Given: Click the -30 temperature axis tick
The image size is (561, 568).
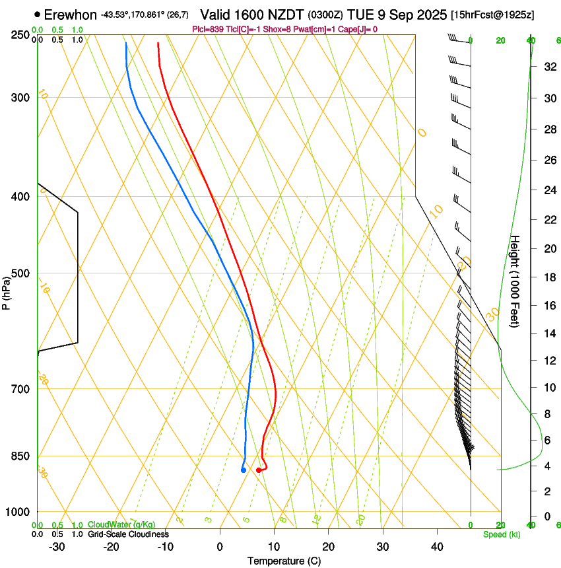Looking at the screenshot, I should click(57, 547).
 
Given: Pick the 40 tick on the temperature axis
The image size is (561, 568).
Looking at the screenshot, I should click(437, 547).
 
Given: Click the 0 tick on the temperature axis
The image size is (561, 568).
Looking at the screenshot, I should click(220, 547).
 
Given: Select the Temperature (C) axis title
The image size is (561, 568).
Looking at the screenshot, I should click(284, 561).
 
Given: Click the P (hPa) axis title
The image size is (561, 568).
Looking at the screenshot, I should click(6, 291).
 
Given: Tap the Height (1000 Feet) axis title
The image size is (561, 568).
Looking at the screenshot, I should click(515, 281).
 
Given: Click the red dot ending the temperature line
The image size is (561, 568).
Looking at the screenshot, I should click(258, 470).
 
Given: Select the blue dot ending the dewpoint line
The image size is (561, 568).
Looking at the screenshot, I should click(244, 470).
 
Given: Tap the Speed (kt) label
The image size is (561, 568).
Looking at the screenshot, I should click(502, 534).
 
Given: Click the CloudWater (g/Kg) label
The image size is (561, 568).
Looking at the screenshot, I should click(121, 525).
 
